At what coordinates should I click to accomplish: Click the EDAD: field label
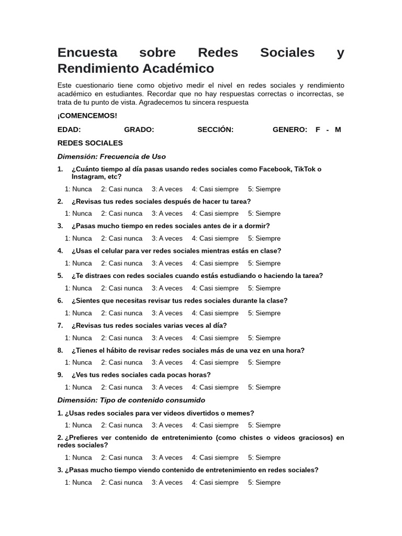(x=69, y=130)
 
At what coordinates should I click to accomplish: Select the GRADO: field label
(x=139, y=130)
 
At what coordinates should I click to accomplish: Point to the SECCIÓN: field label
(x=215, y=130)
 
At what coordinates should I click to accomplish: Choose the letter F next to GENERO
(x=318, y=130)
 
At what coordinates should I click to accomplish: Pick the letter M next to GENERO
(x=338, y=130)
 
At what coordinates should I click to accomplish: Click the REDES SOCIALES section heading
(x=90, y=143)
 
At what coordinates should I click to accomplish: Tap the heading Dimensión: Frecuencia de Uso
(x=111, y=157)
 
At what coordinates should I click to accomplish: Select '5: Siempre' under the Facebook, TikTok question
(x=264, y=189)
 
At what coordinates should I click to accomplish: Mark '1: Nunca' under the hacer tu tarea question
(x=79, y=214)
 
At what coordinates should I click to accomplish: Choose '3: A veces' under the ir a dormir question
(x=167, y=238)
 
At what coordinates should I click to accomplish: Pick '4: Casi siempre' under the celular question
(x=215, y=263)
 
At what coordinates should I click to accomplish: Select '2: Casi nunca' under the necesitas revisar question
(x=121, y=313)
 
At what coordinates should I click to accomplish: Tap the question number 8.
(x=60, y=350)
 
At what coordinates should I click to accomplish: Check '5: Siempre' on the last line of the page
(x=264, y=482)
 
